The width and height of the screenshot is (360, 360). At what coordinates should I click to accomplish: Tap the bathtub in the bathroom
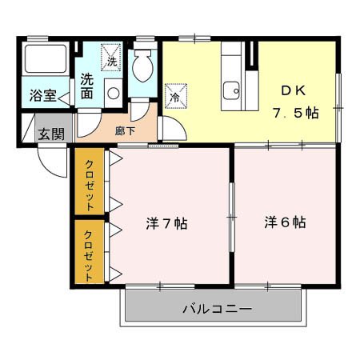46,62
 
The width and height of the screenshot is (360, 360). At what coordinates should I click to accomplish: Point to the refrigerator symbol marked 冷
175,96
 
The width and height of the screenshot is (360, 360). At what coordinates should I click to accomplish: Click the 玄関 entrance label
51,134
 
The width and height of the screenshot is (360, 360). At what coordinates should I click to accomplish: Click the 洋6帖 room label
284,222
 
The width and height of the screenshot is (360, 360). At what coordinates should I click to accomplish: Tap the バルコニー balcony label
217,308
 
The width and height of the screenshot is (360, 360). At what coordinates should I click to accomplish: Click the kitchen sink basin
231,90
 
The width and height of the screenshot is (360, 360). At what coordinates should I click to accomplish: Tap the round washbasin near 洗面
113,94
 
